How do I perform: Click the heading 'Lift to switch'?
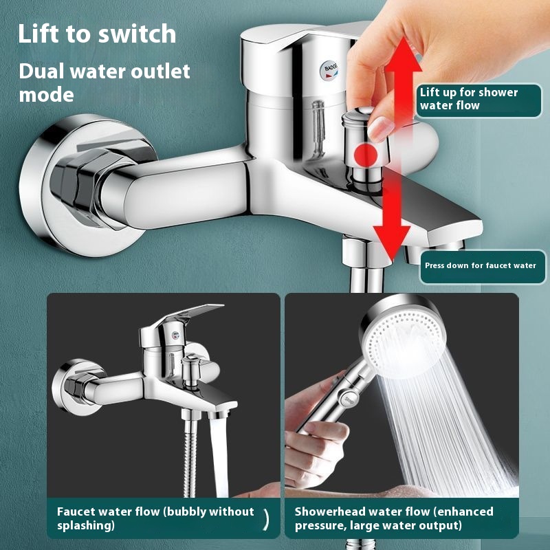click(97, 34)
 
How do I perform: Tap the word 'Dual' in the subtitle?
click(42, 71)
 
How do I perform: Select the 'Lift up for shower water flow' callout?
click(478, 99)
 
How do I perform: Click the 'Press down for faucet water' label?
click(483, 266)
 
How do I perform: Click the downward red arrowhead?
click(391, 242)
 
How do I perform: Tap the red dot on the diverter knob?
click(366, 155)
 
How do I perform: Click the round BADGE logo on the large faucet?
click(329, 70)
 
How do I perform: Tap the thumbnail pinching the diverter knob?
click(380, 128)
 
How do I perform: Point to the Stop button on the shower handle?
click(349, 399)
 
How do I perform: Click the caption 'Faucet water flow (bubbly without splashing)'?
click(155, 518)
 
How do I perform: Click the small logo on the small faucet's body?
click(175, 335)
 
